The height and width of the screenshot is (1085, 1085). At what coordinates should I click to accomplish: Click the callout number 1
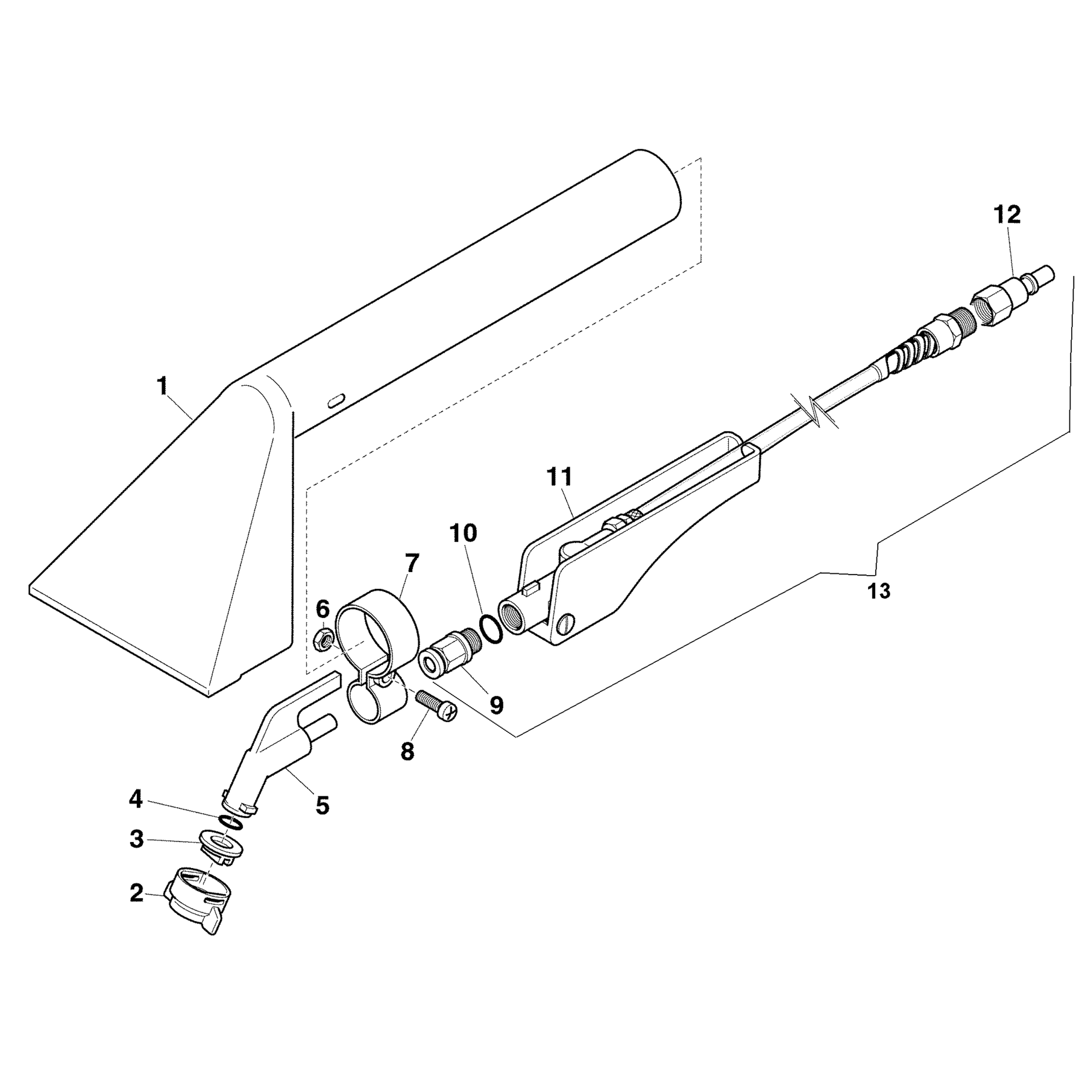click(162, 386)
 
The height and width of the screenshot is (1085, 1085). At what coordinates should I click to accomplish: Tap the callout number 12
click(1007, 215)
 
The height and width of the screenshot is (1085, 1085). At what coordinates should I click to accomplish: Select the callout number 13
click(879, 592)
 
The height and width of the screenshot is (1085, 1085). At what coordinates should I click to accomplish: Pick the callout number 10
click(462, 533)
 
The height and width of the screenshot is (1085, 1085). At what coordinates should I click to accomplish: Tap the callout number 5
click(322, 805)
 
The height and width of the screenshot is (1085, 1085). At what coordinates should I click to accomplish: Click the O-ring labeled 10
click(489, 631)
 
